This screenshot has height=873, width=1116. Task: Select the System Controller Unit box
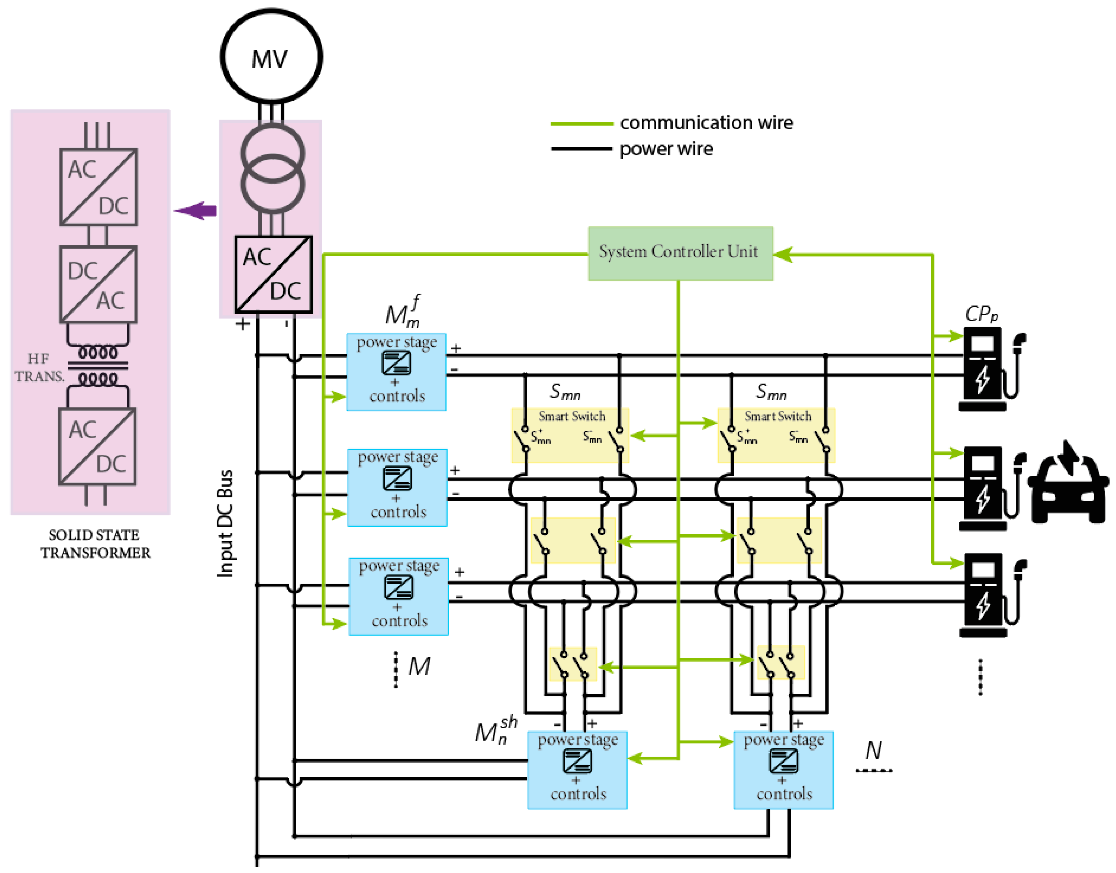coord(680,253)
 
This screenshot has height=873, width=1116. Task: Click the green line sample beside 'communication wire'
coord(581,124)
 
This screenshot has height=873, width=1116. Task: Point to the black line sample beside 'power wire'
coord(581,149)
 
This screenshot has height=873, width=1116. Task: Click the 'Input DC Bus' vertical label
coord(225,524)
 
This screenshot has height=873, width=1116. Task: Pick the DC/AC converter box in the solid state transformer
coord(98,285)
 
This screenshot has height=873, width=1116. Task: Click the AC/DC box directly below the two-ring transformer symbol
coord(273,274)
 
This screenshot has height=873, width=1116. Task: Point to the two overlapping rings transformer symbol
coord(273,169)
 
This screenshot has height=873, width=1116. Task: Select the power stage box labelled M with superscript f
coord(396,372)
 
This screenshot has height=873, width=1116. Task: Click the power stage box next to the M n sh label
coord(577,770)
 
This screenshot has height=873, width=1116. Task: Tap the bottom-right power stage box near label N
coord(783,770)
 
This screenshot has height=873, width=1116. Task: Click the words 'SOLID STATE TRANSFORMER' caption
coord(95,544)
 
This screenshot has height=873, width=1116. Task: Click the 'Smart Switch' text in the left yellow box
coord(571,416)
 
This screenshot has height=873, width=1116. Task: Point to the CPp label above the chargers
coord(981,314)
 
